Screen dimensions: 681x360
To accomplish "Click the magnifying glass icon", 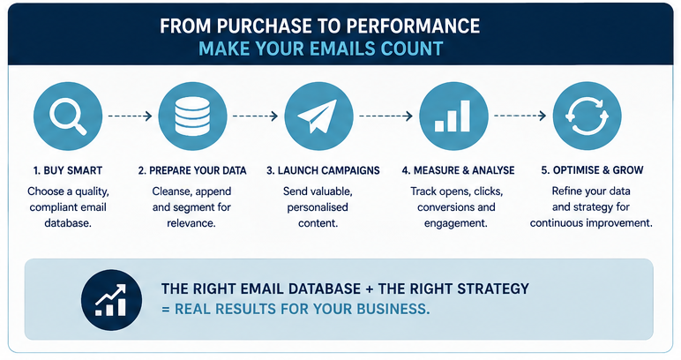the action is click(68, 116).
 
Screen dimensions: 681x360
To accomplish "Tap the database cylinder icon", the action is click(192, 116).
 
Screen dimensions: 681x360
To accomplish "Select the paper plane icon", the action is click(318, 116).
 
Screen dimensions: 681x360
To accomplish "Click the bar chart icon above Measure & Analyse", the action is click(453, 116).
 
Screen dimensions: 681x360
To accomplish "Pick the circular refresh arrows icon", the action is click(587, 116).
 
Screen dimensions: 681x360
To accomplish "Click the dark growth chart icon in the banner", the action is click(111, 300).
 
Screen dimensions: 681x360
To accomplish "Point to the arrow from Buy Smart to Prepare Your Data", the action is click(130, 116).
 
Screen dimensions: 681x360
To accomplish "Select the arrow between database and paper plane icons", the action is click(255, 116).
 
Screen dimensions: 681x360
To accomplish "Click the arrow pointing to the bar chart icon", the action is click(385, 116).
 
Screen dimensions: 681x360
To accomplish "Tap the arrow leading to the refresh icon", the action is click(520, 116).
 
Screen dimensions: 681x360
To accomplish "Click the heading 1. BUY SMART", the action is click(68, 170).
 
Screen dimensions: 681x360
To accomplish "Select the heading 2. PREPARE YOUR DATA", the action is click(192, 170).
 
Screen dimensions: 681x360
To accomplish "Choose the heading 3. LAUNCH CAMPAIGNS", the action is click(323, 170).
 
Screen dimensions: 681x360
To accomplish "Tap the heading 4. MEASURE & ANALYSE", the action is click(458, 170).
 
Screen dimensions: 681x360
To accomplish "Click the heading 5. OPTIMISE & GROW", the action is click(593, 169).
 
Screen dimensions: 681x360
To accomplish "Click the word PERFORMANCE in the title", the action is click(413, 26).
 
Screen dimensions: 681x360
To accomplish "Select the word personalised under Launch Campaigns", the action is click(318, 207).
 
